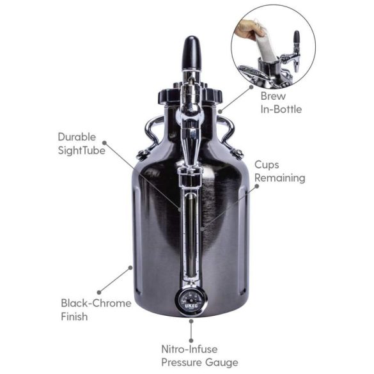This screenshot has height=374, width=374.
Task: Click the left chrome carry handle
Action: tap(150, 137)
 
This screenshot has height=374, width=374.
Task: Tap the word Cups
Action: tap(267, 164)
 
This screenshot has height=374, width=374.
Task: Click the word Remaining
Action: tap(279, 178)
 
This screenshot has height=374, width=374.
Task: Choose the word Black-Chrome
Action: tap(96, 302)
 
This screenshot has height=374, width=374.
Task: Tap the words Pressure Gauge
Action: tap(192, 362)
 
